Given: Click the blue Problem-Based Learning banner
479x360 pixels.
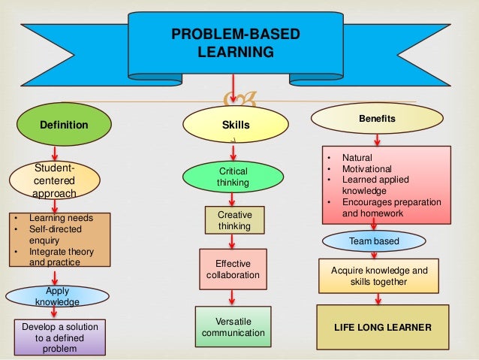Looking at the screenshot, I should tap(236, 44).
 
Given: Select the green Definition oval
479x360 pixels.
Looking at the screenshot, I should tap(65, 125).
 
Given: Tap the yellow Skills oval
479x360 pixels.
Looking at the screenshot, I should tap(236, 125).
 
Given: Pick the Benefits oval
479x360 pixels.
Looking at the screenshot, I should tap(378, 119).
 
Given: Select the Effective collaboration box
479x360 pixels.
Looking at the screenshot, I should tap(233, 269).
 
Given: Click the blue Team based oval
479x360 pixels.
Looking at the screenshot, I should tap(374, 241).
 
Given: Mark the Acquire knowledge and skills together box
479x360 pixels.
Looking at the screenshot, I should tap(378, 276).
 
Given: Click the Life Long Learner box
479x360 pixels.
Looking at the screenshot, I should tap(382, 328).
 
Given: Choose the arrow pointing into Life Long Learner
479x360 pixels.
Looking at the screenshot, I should tap(378, 298).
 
